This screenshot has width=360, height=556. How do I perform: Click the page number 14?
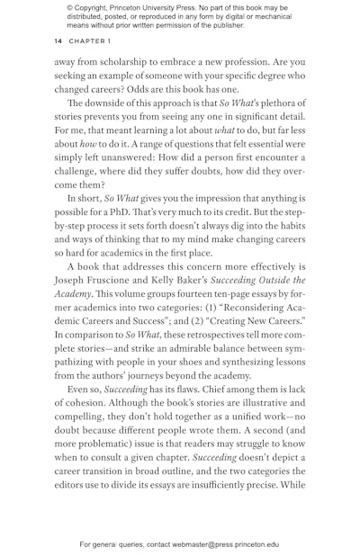click(58, 40)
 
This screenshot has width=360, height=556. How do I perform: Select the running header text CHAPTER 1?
click(87, 40)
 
